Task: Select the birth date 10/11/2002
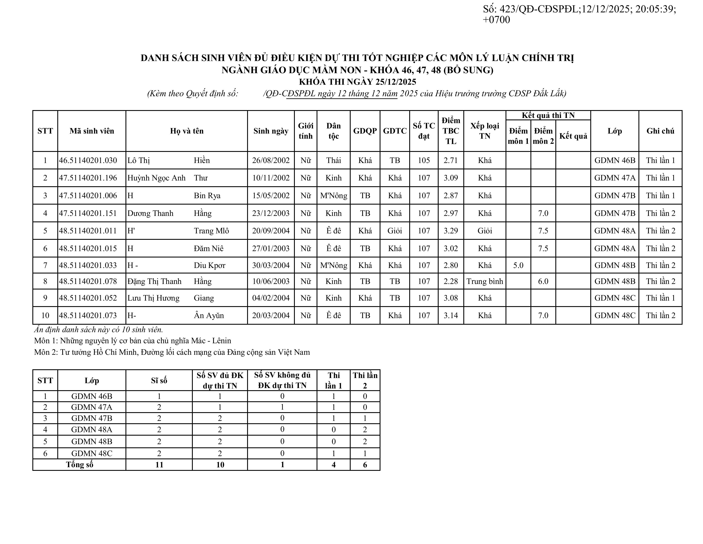pos(271,178)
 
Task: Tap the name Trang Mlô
pos(211,231)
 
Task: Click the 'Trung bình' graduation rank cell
pos(484,281)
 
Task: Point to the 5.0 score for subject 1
pos(518,265)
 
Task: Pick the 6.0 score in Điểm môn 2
pos(543,281)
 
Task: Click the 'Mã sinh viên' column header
pos(92,131)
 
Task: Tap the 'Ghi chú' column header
pos(660,131)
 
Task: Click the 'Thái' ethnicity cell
pos(333,160)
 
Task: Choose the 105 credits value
pos(424,160)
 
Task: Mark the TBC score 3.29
pos(451,231)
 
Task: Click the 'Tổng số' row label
pos(79,464)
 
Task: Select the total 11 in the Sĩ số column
pos(159,464)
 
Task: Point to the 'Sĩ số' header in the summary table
pos(159,381)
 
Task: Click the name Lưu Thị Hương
pos(153,298)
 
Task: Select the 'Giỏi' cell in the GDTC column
pos(395,231)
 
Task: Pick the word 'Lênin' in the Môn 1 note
pos(222,341)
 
